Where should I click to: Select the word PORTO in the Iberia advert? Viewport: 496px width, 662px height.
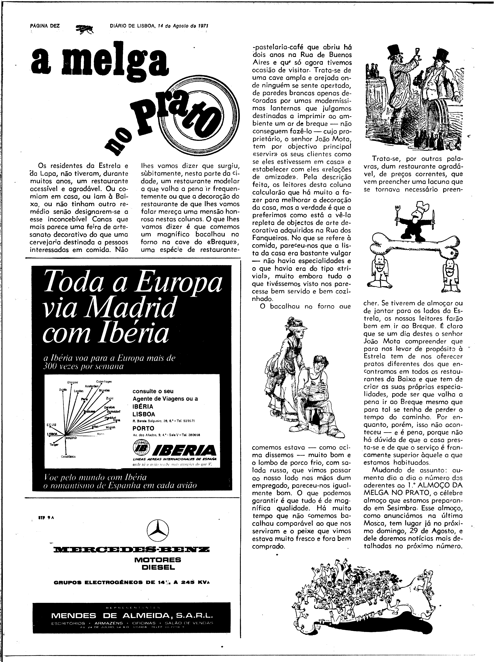(143, 428)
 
